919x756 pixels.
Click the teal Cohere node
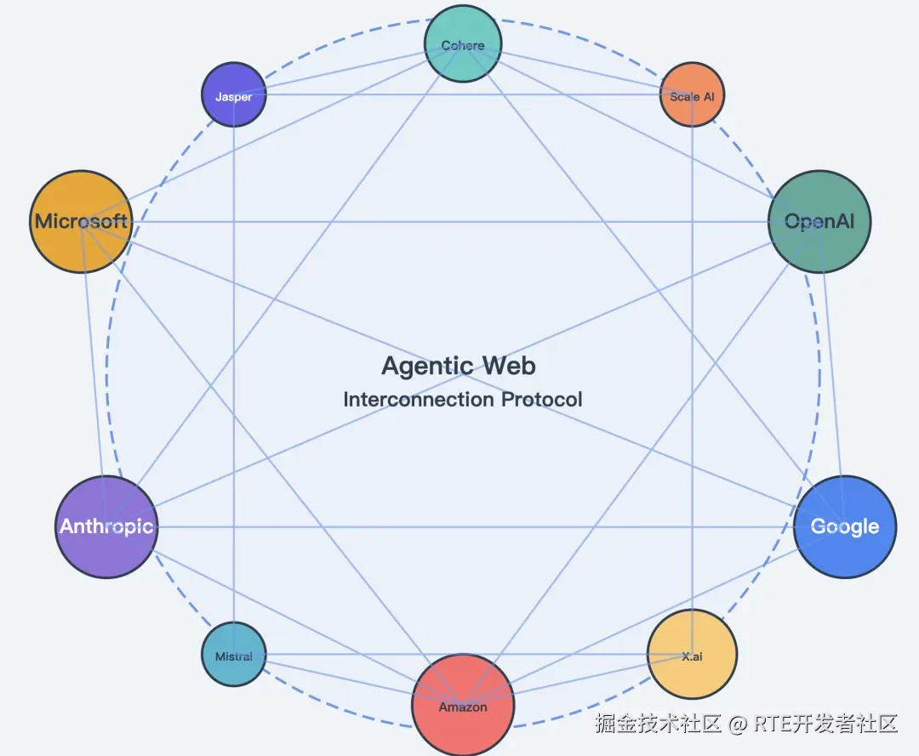[463, 44]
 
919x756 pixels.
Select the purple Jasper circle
[233, 95]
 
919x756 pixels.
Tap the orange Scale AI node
[692, 95]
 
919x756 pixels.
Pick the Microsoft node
[81, 221]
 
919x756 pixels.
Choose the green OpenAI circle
[819, 221]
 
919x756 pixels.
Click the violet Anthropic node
[106, 526]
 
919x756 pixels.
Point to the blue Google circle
[844, 526]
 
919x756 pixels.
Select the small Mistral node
[233, 655]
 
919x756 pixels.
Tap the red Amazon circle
[463, 704]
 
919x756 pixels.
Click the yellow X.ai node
[692, 654]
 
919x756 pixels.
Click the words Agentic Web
[459, 366]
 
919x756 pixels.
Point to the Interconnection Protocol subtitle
[463, 399]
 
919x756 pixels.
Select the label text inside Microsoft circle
[81, 221]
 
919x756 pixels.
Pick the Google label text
[844, 526]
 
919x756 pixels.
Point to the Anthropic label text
[106, 526]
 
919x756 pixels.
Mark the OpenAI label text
[819, 221]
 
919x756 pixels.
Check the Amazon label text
[463, 707]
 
